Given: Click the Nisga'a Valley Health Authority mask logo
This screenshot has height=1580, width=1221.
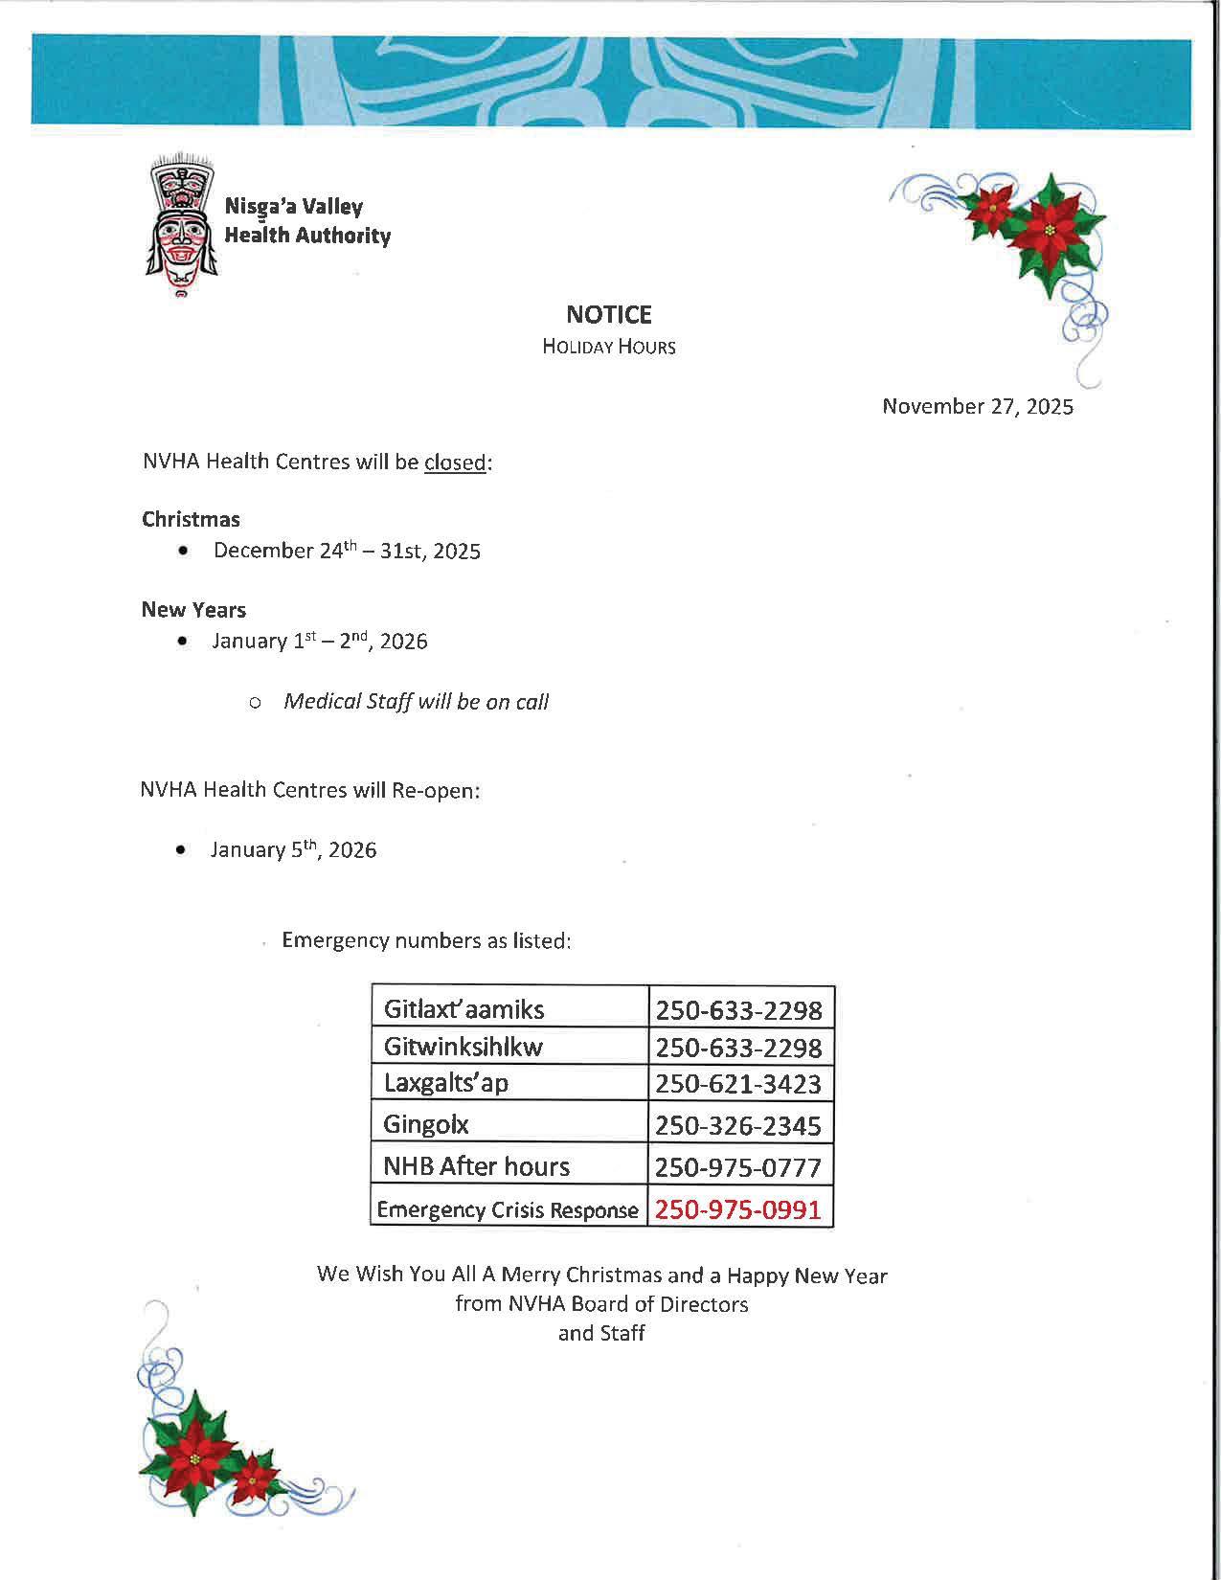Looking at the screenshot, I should pyautogui.click(x=181, y=224).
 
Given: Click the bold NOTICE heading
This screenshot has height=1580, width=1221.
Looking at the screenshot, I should pyautogui.click(x=609, y=314).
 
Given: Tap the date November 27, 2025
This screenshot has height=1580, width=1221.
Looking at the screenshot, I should pyautogui.click(x=977, y=406).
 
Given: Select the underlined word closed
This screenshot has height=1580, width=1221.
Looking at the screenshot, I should pyautogui.click(x=455, y=463).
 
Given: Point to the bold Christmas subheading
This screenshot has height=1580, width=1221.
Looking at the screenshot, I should pyautogui.click(x=191, y=519).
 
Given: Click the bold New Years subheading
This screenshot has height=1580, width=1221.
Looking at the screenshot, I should pyautogui.click(x=193, y=610).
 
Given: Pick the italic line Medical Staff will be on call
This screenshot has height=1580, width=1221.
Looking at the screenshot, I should pyautogui.click(x=416, y=702).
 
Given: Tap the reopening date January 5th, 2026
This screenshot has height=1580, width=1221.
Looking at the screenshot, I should pyautogui.click(x=293, y=850).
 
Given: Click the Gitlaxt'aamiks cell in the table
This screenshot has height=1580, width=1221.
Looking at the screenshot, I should pyautogui.click(x=464, y=1009).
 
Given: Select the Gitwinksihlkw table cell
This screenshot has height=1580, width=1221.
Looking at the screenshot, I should pyautogui.click(x=463, y=1047).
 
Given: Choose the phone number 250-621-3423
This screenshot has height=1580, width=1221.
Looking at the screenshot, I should pyautogui.click(x=737, y=1084).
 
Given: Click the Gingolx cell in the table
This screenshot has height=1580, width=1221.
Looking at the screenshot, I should pyautogui.click(x=426, y=1124).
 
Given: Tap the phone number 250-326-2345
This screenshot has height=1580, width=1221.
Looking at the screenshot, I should pyautogui.click(x=737, y=1125).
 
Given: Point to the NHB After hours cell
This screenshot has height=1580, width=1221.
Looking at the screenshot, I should pyautogui.click(x=476, y=1166).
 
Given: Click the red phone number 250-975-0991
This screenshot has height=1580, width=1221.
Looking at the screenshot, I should pyautogui.click(x=737, y=1209).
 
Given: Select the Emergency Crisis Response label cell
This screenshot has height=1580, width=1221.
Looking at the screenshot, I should pyautogui.click(x=508, y=1209).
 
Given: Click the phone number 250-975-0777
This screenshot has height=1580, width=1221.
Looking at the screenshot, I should pyautogui.click(x=737, y=1167).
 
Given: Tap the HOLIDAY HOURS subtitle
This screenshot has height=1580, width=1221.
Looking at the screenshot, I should pyautogui.click(x=609, y=347).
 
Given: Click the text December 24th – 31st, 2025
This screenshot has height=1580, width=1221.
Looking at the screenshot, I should pyautogui.click(x=347, y=551).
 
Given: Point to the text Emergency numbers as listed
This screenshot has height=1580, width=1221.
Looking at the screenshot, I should pyautogui.click(x=426, y=940).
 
